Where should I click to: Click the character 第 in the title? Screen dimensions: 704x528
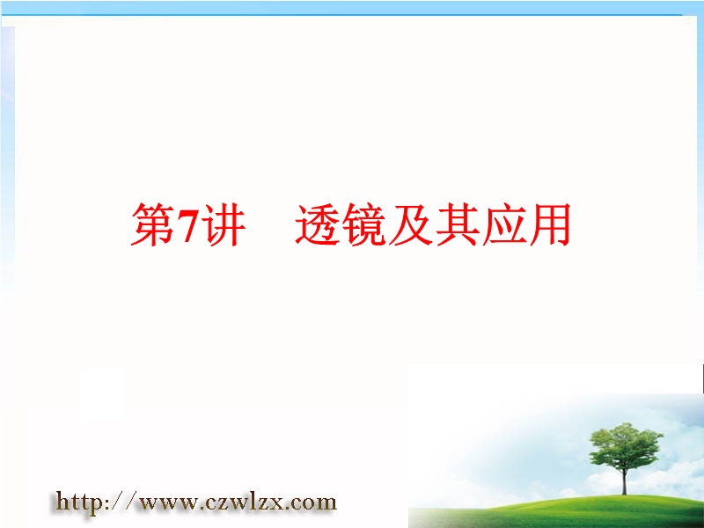(x=152, y=224)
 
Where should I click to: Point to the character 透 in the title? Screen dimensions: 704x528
(x=318, y=224)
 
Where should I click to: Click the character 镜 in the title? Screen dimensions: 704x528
(x=364, y=224)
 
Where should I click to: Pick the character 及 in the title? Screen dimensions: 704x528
(x=411, y=224)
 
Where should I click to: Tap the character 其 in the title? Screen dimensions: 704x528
(x=457, y=224)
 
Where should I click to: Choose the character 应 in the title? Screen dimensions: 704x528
(x=503, y=224)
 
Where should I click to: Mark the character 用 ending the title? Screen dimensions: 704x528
(x=549, y=224)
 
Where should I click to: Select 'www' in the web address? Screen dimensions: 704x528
(x=168, y=503)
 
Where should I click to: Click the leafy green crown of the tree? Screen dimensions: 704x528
(x=626, y=444)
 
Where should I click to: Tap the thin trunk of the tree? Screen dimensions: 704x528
(x=624, y=480)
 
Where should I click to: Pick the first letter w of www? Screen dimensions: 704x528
(x=149, y=503)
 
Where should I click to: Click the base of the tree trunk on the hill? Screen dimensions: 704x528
(x=624, y=494)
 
